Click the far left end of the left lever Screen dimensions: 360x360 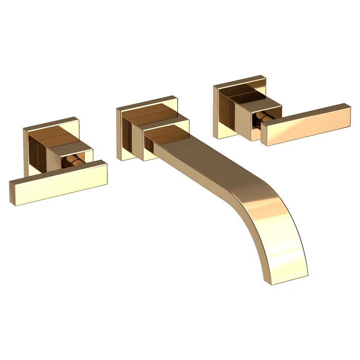[x=12, y=191]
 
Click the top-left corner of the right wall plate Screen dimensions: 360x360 [x=214, y=87]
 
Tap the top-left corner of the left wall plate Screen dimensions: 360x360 [x=24, y=128]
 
